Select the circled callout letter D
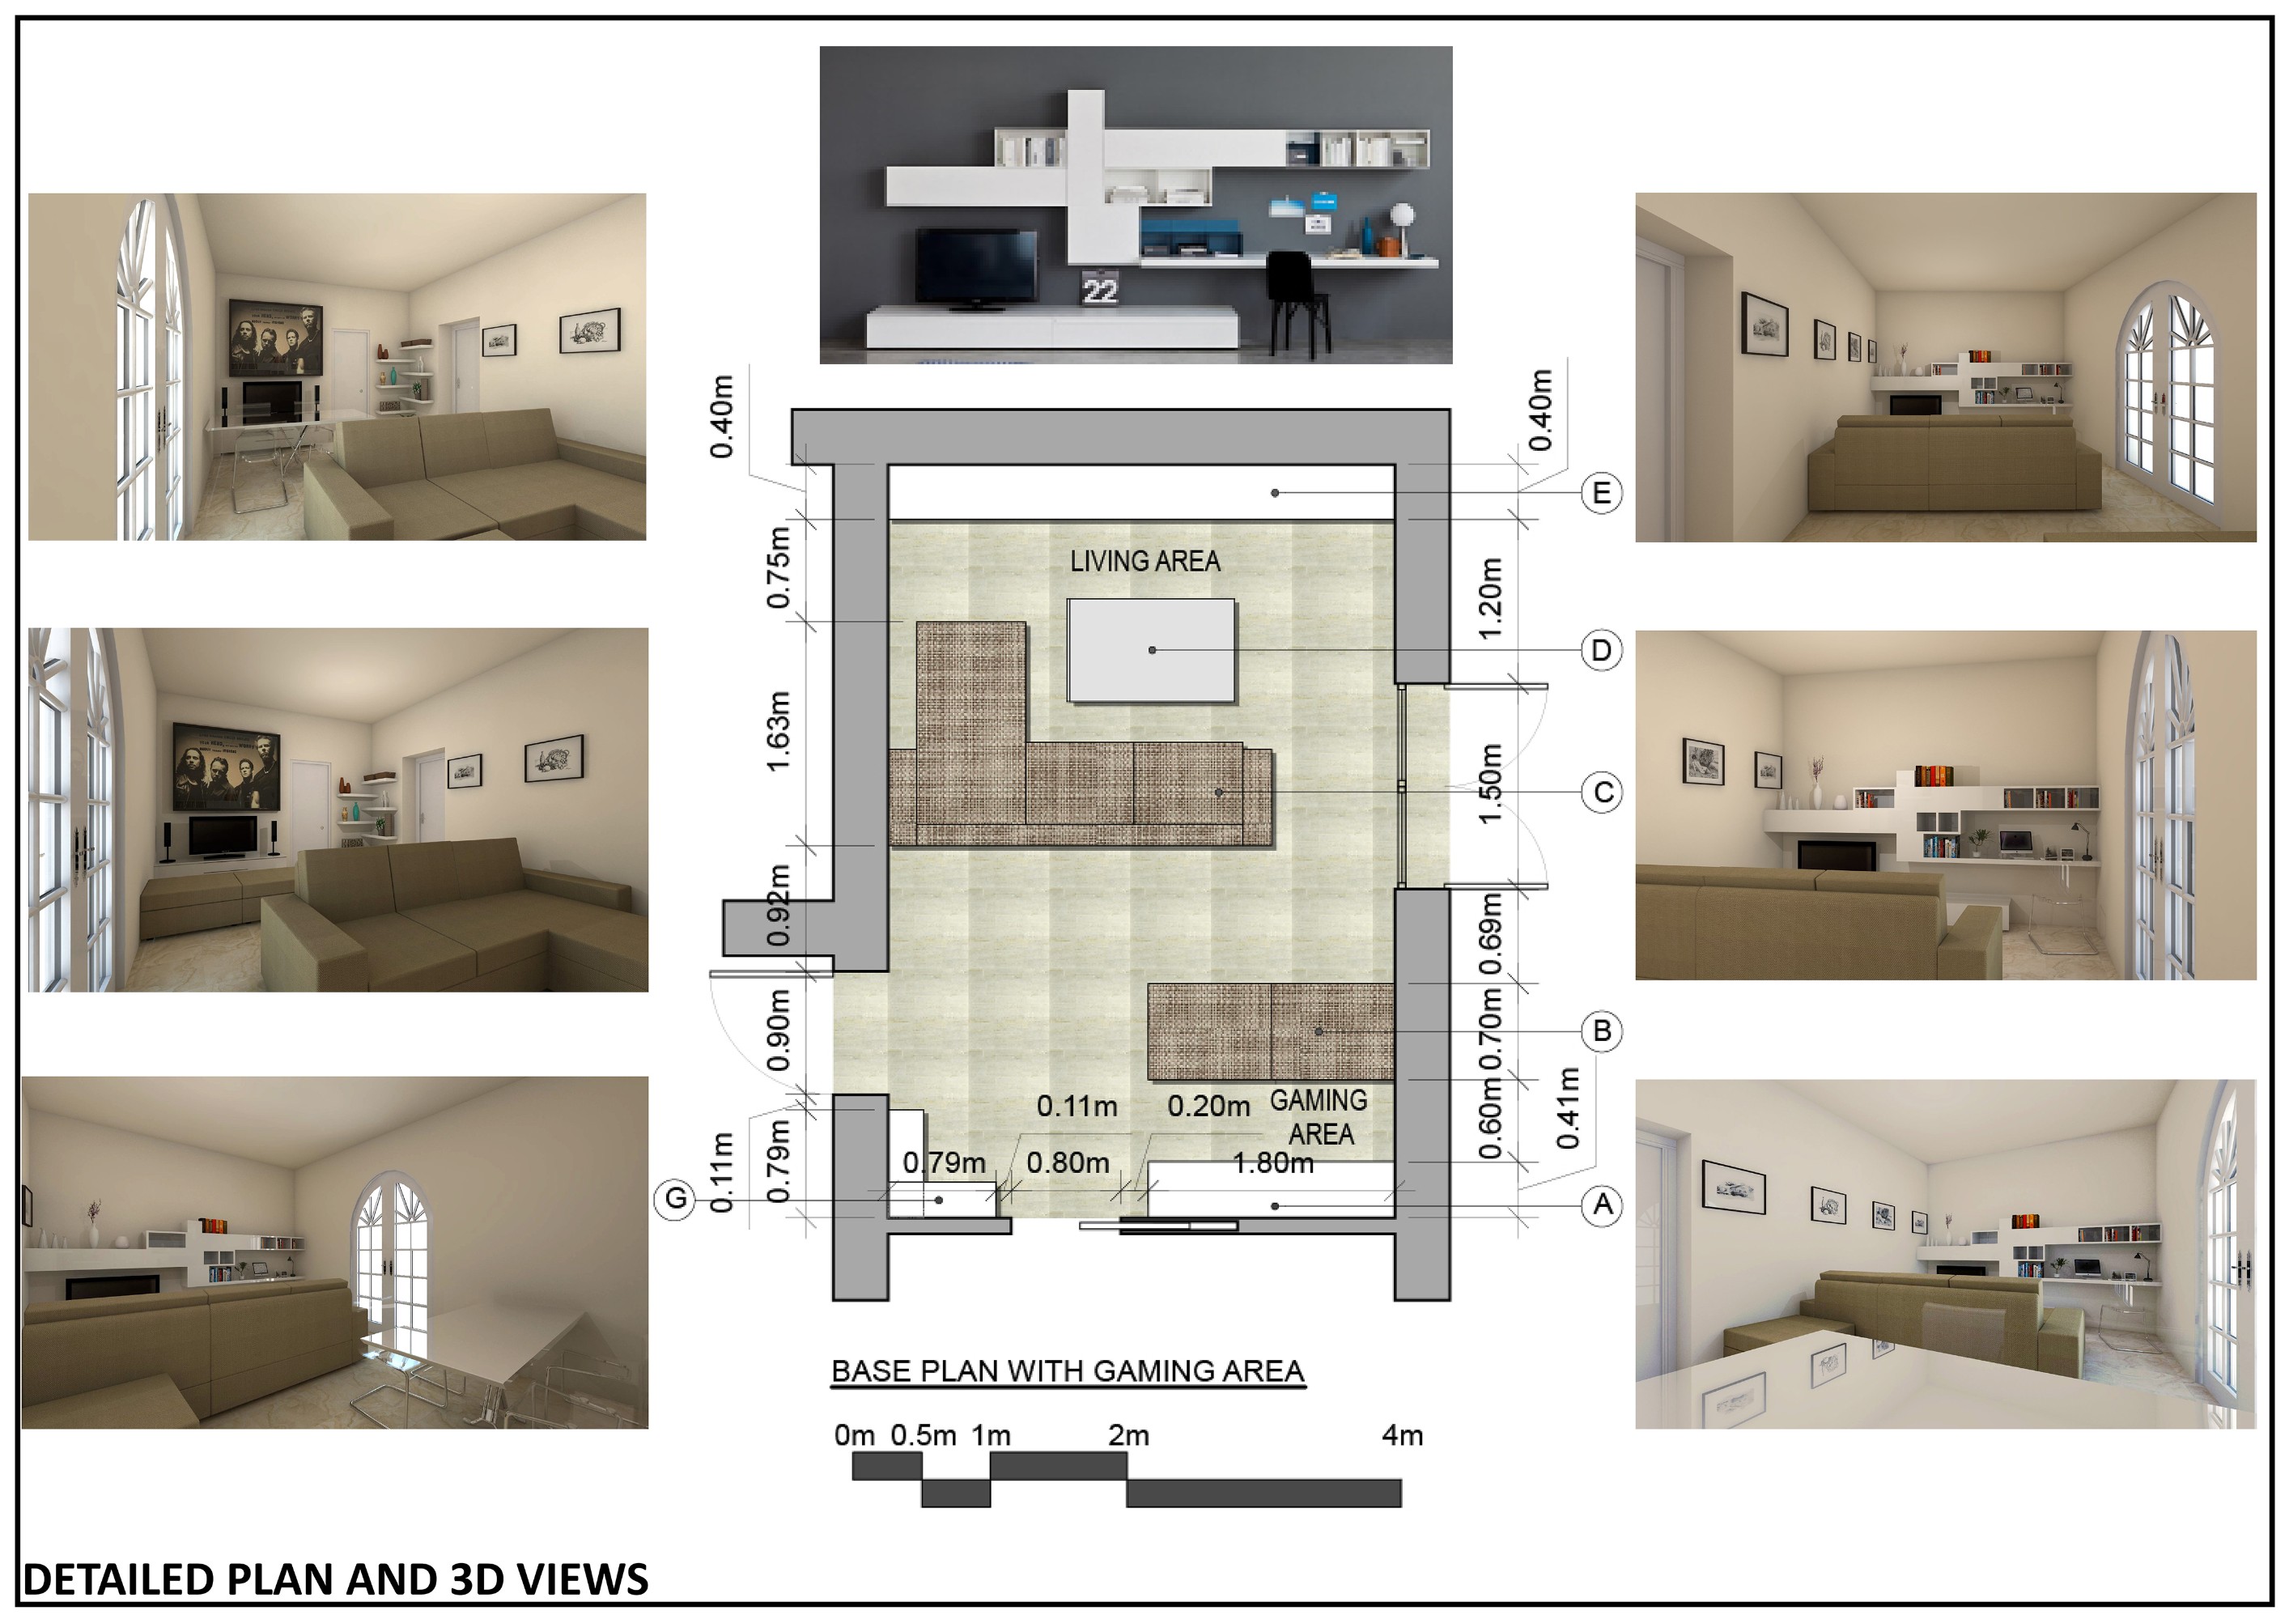point(1601,650)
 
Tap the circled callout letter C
point(1602,793)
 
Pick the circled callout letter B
point(1602,1030)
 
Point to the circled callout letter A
point(1602,1205)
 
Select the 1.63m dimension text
point(778,732)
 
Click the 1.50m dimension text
point(1488,784)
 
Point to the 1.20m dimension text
point(1488,599)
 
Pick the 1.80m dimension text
point(1273,1163)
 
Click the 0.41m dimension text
point(1567,1107)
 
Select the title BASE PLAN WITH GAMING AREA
point(1068,1372)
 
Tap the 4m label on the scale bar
point(1402,1435)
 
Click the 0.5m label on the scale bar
point(924,1435)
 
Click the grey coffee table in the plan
point(1150,651)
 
